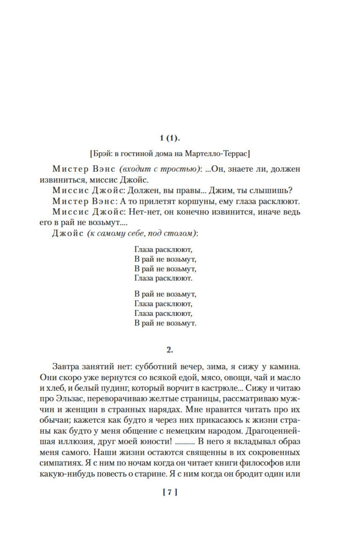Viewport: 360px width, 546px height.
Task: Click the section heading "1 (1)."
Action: click(170, 138)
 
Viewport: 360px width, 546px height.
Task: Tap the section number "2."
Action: click(170, 350)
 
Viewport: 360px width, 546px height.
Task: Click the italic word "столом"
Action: click(183, 233)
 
